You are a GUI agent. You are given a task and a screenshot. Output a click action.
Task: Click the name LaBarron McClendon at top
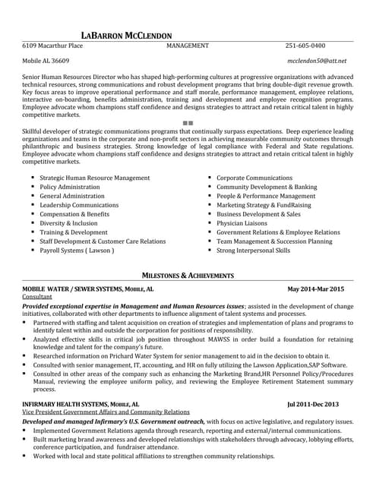pos(126,35)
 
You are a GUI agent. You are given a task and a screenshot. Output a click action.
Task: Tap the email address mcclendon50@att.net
pos(317,60)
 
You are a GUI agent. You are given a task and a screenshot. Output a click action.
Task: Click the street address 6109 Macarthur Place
pos(52,46)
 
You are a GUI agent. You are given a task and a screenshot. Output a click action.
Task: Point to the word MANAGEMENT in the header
pos(188,46)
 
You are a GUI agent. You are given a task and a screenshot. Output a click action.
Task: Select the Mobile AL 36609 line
pos(46,60)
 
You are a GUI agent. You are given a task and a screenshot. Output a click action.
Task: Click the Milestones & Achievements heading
pos(188,275)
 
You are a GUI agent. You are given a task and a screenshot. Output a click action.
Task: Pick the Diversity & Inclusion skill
pos(68,223)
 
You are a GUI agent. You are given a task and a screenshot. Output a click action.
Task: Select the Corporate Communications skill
pos(254,178)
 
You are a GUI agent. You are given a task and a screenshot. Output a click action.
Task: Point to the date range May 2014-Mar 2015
pos(315,289)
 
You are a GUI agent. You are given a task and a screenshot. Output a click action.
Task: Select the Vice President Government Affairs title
pos(106,412)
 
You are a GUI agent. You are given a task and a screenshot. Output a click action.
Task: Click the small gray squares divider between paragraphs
pos(188,122)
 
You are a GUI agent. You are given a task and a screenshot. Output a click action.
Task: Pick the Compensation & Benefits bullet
pos(74,214)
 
